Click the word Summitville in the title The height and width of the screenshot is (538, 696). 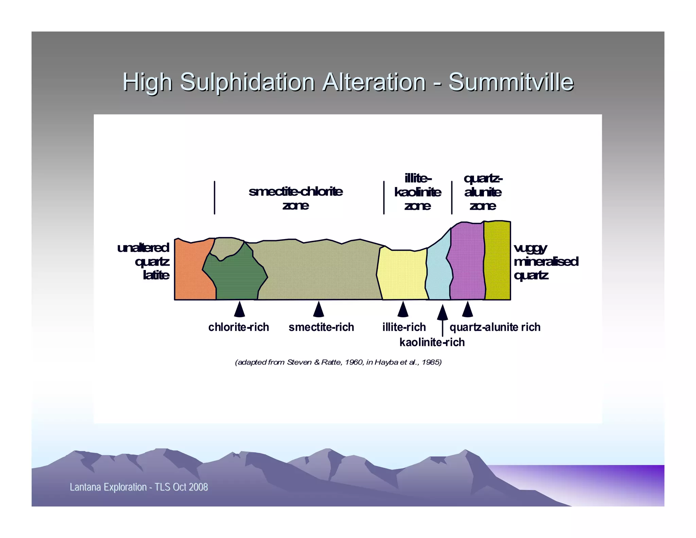[511, 82]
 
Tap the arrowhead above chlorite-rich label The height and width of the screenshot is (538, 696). [240, 309]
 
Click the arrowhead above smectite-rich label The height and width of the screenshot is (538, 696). [318, 309]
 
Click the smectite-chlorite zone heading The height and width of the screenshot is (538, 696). [295, 198]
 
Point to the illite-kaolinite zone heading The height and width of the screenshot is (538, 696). [418, 192]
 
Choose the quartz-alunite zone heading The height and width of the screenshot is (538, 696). [483, 192]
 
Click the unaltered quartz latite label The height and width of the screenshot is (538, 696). [146, 261]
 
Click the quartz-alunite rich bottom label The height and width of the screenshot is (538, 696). [495, 327]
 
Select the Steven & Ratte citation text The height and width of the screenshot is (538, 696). [338, 362]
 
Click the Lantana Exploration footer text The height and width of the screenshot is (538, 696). [139, 487]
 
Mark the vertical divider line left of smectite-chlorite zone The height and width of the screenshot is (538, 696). [214, 198]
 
